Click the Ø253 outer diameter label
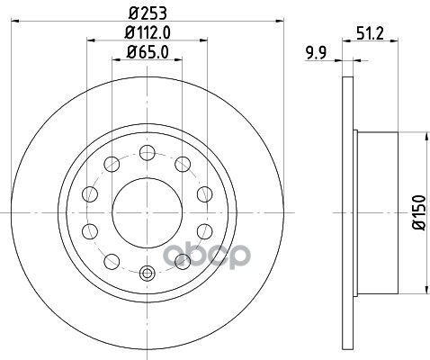coord(148,13)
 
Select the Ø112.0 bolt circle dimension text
coord(148,32)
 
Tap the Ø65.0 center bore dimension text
coord(148,52)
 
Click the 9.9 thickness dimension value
coord(316,53)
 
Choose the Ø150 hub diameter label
coord(419,212)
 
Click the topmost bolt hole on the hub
coord(148,152)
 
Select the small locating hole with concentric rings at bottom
coord(148,273)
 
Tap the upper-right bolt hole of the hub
coord(183,164)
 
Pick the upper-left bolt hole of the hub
coord(112,164)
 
